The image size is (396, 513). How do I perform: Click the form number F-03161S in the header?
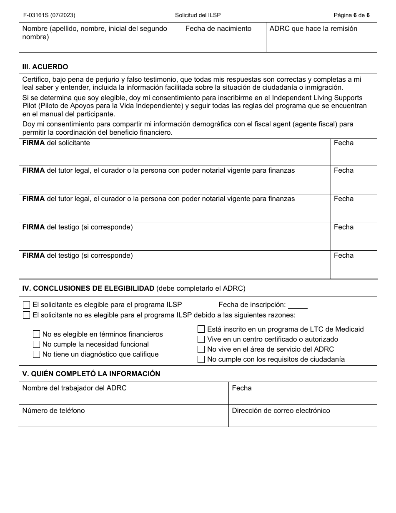[49, 15]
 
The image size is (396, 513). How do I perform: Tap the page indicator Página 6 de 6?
[351, 15]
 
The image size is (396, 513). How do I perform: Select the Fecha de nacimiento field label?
[218, 29]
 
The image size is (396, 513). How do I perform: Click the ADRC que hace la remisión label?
[313, 29]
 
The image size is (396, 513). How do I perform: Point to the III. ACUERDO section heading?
[45, 67]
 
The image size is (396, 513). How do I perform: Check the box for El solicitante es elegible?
[27, 305]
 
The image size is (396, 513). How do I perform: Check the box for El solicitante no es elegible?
[27, 315]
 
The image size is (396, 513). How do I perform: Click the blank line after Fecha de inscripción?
[298, 305]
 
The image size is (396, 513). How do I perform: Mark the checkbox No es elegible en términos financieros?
[37, 334]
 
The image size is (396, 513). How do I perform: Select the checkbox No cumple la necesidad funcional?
[37, 344]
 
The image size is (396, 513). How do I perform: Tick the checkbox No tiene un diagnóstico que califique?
[37, 354]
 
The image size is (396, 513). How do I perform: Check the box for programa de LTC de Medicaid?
[201, 329]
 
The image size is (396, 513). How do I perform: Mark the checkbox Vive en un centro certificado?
[201, 339]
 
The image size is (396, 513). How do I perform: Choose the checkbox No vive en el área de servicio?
[201, 349]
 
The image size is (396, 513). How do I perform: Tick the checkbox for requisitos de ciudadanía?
[201, 359]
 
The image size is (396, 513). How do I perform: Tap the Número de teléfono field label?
[53, 411]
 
